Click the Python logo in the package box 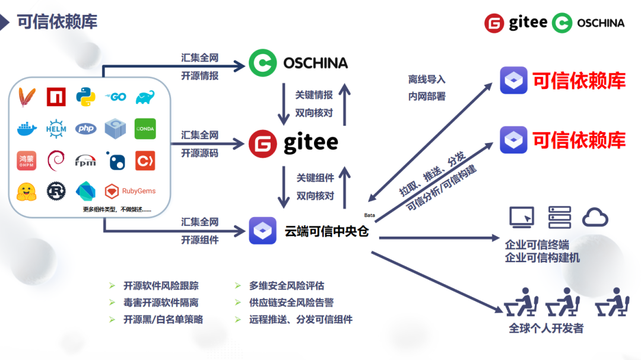[86, 97]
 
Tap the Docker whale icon [27, 128]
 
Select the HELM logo [56, 128]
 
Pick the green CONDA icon [145, 128]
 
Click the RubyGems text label [139, 191]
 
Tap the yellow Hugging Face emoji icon [27, 191]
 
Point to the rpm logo [85, 160]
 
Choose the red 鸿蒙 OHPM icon [27, 160]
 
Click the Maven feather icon [26, 97]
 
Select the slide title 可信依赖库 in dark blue [57, 21]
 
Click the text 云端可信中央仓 [327, 231]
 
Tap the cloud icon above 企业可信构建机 [595, 218]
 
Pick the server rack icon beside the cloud [559, 218]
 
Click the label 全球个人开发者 [546, 328]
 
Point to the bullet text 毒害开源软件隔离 [161, 302]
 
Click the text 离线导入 [427, 79]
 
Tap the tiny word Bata [369, 215]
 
